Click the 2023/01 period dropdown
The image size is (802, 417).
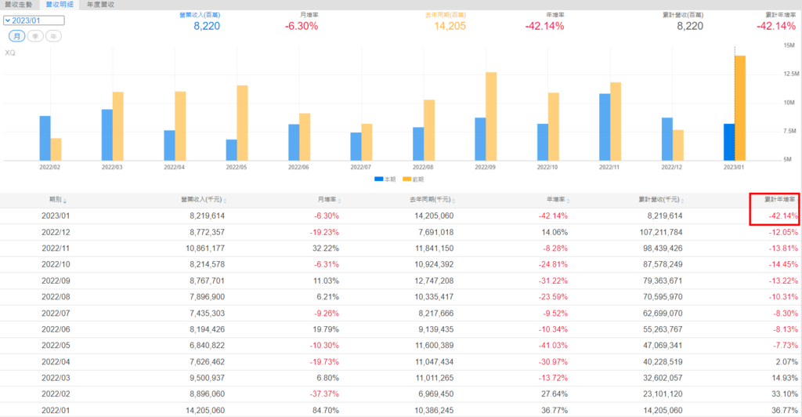point(32,20)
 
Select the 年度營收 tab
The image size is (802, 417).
point(100,5)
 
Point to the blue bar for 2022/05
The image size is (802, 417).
point(231,150)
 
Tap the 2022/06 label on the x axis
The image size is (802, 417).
point(299,167)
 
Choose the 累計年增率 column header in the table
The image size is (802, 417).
point(778,200)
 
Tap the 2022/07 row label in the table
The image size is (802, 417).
point(56,312)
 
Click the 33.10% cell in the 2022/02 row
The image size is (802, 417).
point(784,393)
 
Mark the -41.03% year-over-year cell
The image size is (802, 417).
point(550,345)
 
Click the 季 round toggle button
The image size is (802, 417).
point(35,36)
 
